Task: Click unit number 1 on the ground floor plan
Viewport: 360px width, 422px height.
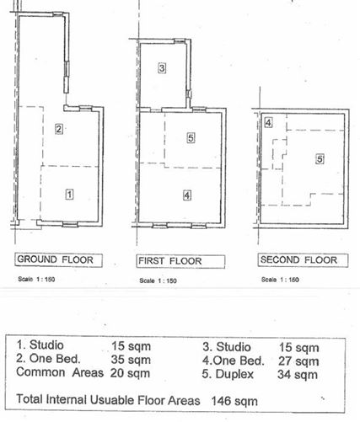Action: [70, 194]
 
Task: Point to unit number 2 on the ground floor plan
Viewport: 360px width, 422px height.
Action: [59, 129]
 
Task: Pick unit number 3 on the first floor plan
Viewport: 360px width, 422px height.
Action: [162, 67]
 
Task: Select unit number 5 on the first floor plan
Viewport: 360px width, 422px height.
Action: [191, 137]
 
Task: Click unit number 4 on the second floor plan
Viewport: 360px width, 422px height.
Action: [268, 123]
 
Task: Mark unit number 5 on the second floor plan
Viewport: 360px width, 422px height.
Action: [320, 158]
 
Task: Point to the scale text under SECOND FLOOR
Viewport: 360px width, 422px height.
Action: [279, 279]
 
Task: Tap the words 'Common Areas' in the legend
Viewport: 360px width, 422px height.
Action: [57, 373]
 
